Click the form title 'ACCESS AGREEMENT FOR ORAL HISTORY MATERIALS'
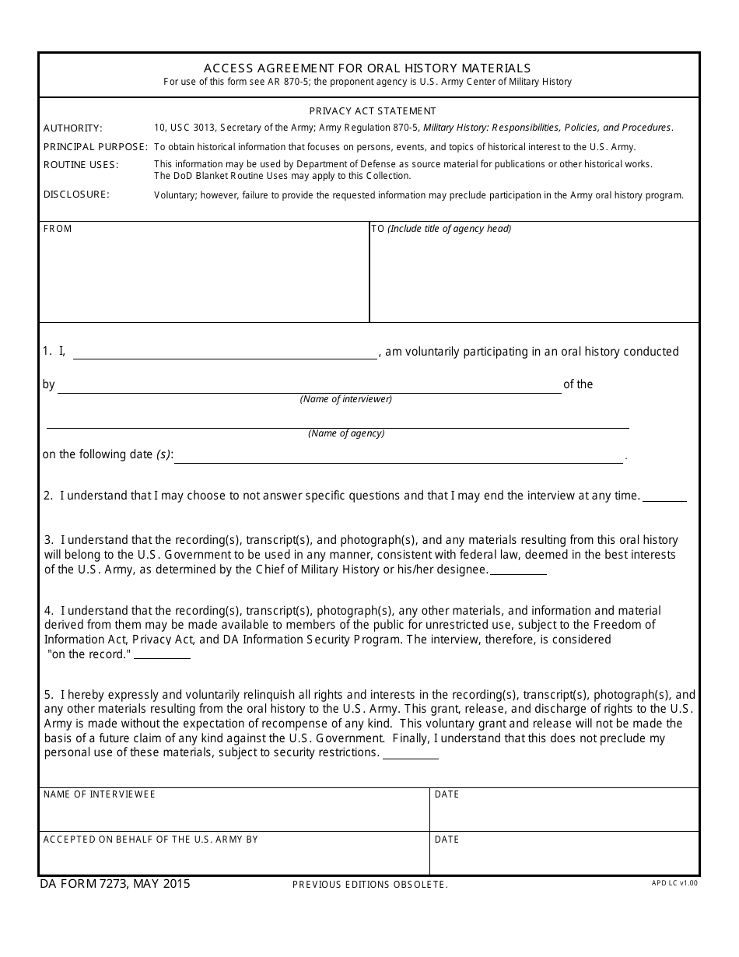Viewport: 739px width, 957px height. click(367, 68)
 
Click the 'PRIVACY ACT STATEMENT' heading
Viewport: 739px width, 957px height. click(373, 111)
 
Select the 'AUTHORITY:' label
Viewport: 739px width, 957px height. click(72, 128)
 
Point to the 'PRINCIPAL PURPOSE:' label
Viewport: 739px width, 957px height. click(95, 147)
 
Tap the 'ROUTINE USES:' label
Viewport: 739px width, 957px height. click(80, 165)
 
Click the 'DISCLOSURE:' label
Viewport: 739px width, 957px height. click(76, 195)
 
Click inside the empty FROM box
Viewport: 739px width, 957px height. click(204, 276)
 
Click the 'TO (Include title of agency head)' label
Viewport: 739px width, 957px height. click(441, 229)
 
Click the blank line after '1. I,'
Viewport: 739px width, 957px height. click(225, 353)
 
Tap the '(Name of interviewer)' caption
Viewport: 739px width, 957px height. click(346, 400)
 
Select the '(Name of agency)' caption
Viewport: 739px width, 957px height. click(346, 433)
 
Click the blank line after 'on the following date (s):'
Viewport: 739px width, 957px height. click(398, 457)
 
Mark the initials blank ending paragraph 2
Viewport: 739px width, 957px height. click(664, 496)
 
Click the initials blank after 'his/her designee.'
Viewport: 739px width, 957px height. click(518, 570)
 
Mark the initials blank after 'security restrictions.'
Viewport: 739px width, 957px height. click(411, 754)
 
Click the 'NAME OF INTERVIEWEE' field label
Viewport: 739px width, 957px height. click(99, 794)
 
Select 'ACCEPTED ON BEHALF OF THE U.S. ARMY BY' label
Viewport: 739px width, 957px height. click(150, 840)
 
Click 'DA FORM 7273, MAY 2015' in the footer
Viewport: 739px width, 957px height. click(114, 884)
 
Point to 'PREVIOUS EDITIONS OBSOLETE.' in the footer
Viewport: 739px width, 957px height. click(369, 885)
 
